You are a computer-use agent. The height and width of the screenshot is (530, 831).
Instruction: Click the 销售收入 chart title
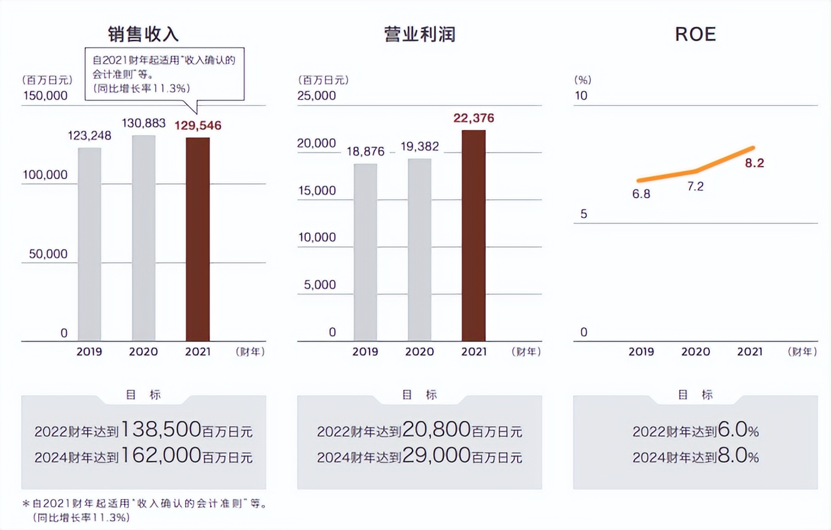click(143, 34)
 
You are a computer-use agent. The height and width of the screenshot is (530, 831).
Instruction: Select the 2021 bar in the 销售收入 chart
click(198, 239)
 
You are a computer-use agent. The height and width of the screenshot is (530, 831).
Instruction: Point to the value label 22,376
click(473, 118)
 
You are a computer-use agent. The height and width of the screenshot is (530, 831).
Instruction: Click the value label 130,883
click(143, 124)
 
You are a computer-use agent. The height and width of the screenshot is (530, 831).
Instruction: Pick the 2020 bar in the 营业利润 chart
click(420, 249)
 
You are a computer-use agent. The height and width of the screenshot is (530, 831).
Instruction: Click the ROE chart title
click(695, 34)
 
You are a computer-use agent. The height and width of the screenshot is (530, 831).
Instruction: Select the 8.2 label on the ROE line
click(754, 163)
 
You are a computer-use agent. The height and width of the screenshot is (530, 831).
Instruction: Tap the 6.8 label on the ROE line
click(641, 194)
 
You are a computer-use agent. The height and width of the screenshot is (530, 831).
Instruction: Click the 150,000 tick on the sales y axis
click(45, 95)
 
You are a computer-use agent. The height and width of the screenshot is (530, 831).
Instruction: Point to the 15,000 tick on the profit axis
click(317, 190)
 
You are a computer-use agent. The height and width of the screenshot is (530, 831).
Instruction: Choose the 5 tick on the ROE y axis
click(584, 214)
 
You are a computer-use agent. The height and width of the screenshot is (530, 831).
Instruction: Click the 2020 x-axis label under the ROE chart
click(695, 352)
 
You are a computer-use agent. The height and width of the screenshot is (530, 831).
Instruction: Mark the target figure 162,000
click(161, 455)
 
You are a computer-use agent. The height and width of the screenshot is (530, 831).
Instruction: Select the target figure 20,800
click(436, 429)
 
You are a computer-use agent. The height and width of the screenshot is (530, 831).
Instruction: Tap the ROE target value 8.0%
click(738, 456)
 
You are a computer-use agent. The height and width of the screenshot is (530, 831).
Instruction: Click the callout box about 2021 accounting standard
click(164, 74)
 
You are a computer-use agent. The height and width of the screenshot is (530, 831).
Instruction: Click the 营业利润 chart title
click(420, 34)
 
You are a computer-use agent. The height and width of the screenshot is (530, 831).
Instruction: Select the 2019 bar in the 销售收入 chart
click(90, 244)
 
